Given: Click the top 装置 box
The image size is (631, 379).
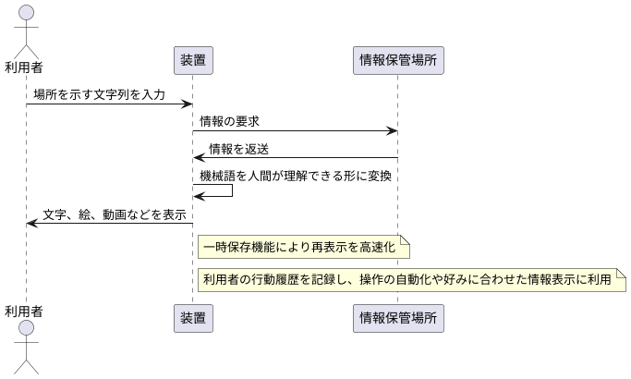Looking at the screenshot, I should coord(192,61).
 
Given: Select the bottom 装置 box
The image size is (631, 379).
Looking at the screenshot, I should coord(192,318).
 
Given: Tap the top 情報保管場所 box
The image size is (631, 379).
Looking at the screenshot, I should coord(397,61).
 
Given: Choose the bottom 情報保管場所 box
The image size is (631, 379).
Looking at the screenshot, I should coord(397,318).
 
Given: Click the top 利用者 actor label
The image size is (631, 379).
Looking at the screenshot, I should coord(24,67).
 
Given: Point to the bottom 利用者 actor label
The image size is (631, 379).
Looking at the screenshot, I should coord(24,309).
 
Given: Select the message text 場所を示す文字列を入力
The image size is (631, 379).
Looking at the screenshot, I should coord(99,94).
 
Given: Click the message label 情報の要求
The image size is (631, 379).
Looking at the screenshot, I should coord(229,121).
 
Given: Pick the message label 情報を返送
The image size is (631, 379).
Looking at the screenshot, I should coord(239,149).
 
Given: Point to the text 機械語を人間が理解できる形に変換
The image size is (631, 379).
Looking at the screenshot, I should coord(298,176).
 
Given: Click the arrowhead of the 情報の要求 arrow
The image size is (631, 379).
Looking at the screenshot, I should coord(392,130).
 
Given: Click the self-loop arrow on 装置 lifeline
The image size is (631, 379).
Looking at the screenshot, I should coord(231,189).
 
